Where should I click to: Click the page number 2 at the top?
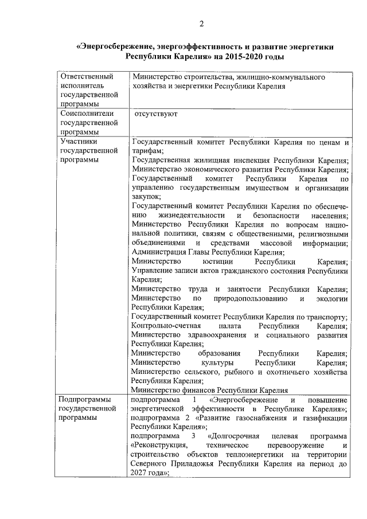click(x=201, y=24)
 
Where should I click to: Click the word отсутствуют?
click(x=155, y=114)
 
